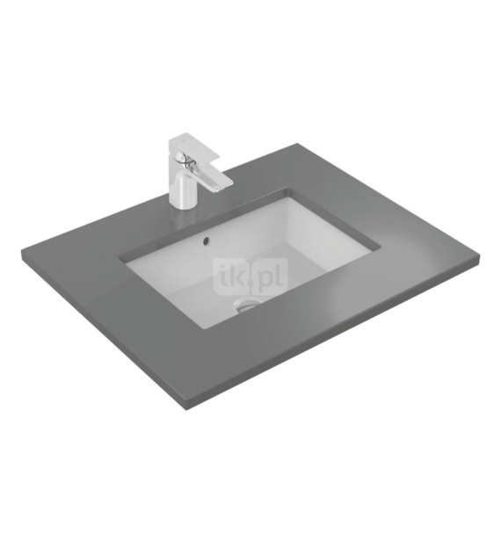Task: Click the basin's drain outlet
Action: click(x=250, y=304)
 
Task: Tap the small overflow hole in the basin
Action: click(x=206, y=241)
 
